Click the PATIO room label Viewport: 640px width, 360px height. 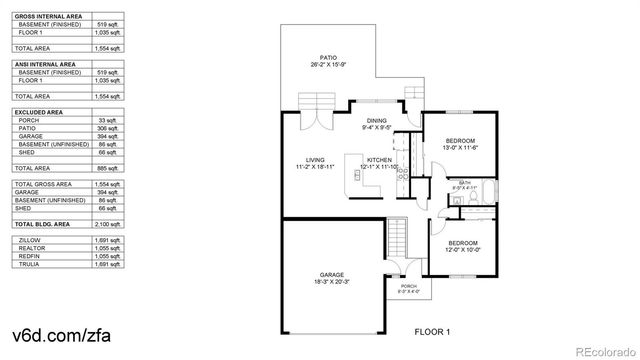tap(328, 59)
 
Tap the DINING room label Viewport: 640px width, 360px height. tap(376, 121)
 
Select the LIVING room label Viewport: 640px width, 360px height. tap(316, 160)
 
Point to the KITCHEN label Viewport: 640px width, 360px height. tap(379, 160)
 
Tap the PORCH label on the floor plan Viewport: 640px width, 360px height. tap(408, 286)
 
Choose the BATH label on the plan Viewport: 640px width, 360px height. tap(464, 182)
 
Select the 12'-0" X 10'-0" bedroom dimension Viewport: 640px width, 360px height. tap(462, 250)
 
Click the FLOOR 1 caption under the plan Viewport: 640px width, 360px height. tap(433, 330)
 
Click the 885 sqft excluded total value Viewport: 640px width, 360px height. tap(108, 168)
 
